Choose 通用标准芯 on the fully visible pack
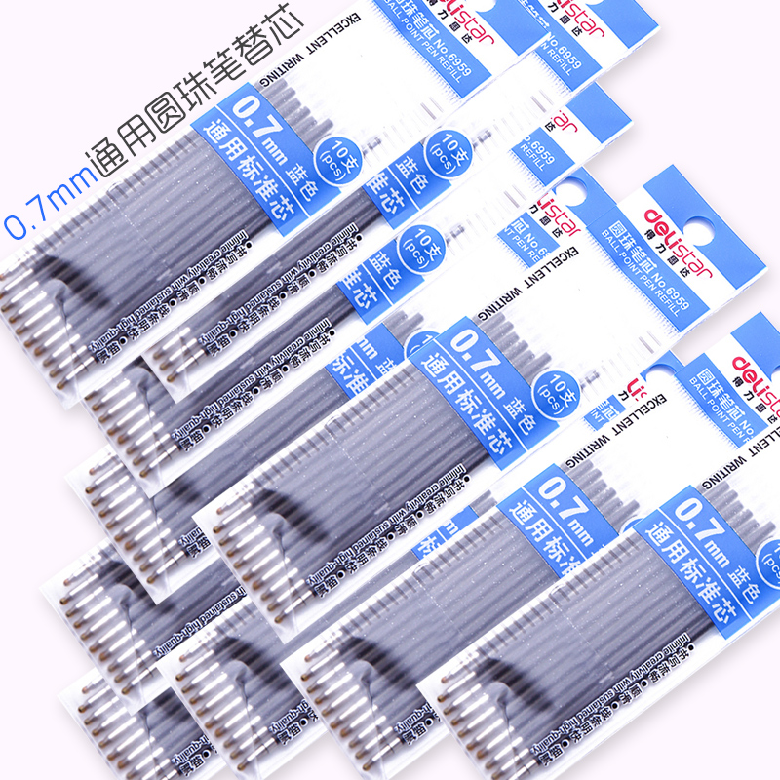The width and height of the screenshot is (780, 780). click(458, 381)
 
